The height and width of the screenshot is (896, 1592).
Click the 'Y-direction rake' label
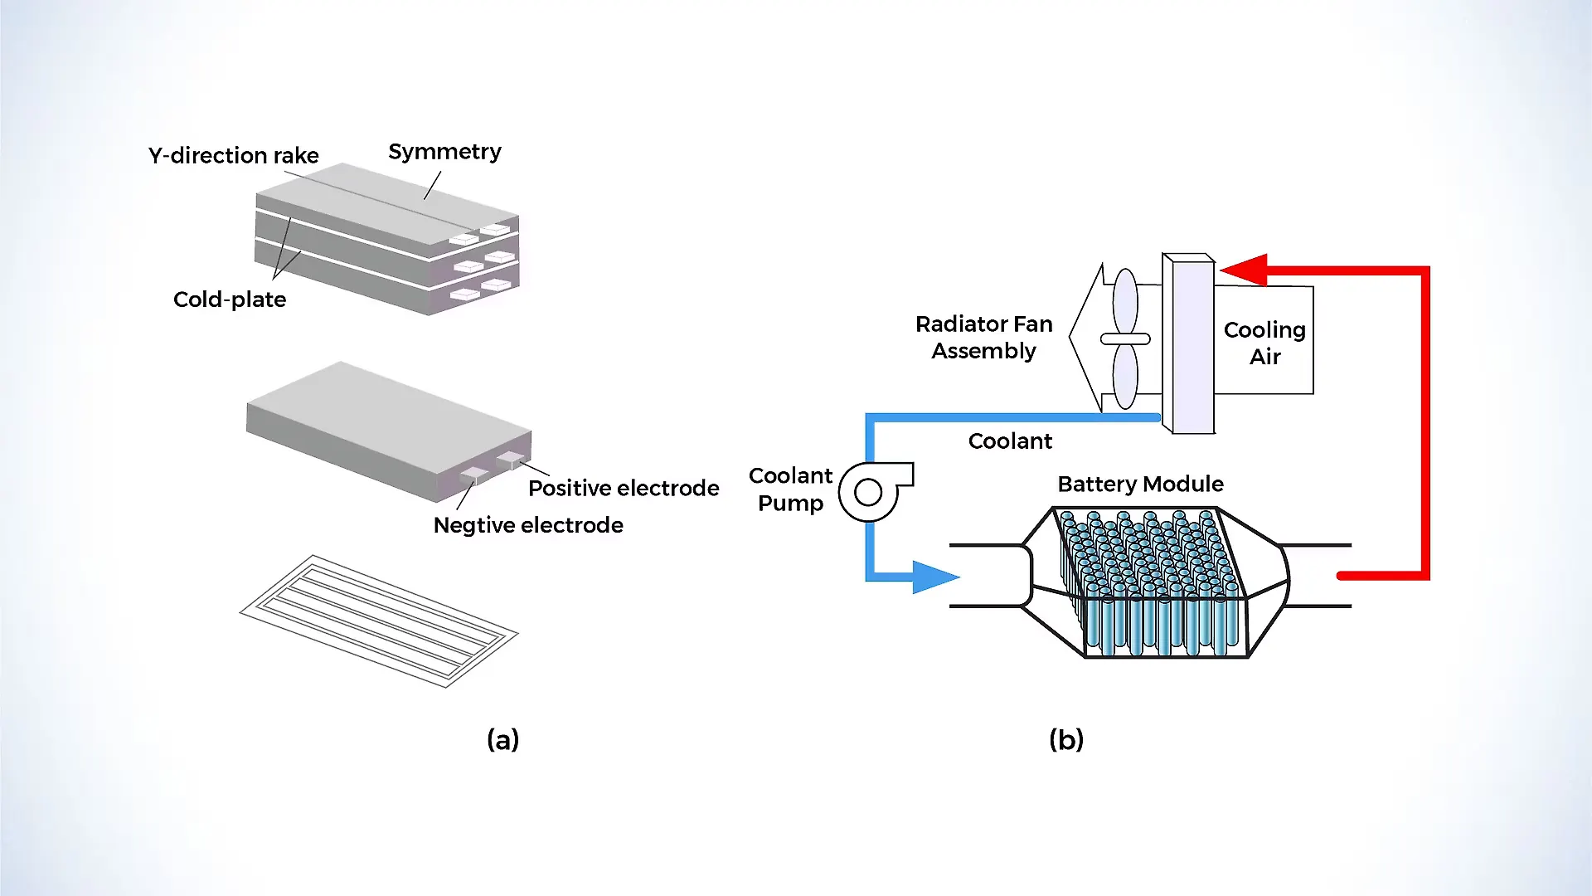[x=233, y=155]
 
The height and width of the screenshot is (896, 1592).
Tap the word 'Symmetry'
[x=444, y=152]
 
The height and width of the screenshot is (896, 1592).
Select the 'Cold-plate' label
[x=230, y=299]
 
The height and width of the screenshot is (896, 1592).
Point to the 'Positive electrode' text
[x=624, y=488]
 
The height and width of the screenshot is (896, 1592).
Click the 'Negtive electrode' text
[x=528, y=525]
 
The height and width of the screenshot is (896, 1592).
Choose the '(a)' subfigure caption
[x=502, y=739]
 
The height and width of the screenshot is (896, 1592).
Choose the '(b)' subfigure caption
[x=1065, y=739]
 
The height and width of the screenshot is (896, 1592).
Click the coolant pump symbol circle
[x=867, y=493]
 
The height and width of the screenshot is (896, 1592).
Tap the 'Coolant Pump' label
[x=790, y=489]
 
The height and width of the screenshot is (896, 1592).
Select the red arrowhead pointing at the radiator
[x=1245, y=270]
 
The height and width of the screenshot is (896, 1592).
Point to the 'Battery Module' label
[x=1140, y=484]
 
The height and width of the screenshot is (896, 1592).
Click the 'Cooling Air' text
[x=1264, y=343]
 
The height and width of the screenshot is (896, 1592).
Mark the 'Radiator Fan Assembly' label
[x=983, y=337]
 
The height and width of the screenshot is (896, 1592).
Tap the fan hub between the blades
[x=1125, y=338]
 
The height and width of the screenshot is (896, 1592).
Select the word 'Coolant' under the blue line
[x=1010, y=441]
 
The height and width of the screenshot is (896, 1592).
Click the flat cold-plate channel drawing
[x=379, y=621]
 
